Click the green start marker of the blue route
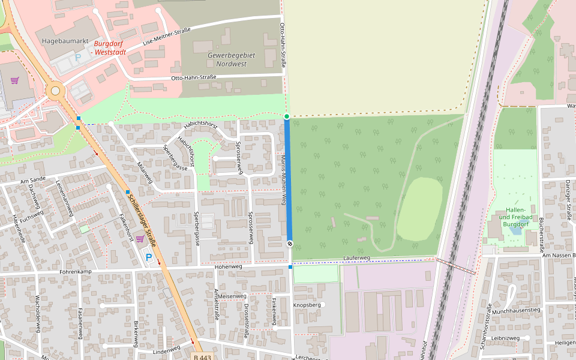[287, 116]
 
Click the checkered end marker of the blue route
[290, 244]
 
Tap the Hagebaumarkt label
[65, 39]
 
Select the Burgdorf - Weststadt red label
[109, 49]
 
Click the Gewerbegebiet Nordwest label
[231, 59]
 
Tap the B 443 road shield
[203, 356]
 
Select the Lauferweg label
[357, 257]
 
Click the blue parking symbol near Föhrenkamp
[149, 257]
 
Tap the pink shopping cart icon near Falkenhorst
[139, 239]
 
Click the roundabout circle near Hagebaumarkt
[55, 91]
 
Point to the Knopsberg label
[307, 305]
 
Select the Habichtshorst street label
[200, 124]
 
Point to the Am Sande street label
[33, 180]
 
